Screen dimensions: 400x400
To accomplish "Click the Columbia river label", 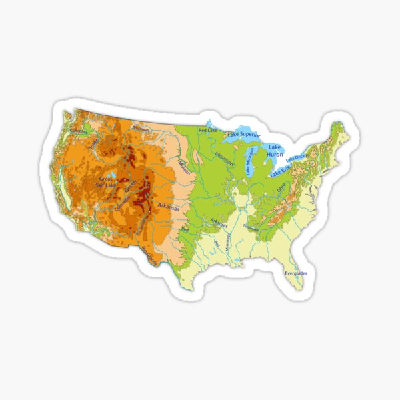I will tap(79, 131).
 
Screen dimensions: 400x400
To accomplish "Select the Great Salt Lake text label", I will tap(107, 182).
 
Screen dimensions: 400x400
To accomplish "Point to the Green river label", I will tap(131, 185).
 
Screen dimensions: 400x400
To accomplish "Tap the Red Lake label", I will tap(208, 130).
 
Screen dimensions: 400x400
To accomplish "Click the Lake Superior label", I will tap(243, 134).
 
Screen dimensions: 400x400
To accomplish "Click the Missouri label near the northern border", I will tap(141, 127).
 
